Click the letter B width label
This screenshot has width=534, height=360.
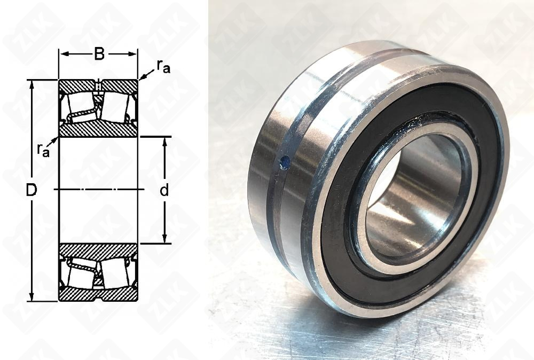click(99, 53)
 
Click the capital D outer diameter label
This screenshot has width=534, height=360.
click(32, 191)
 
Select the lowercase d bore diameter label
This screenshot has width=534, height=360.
click(164, 191)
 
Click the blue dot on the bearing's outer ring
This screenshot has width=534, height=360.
click(285, 162)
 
